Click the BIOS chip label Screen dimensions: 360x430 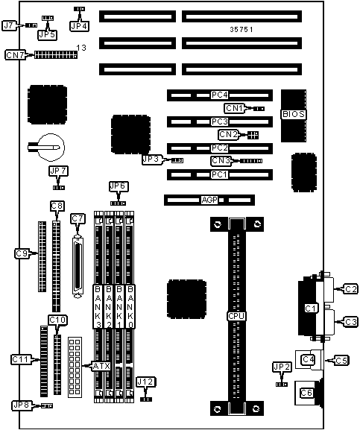click(x=294, y=114)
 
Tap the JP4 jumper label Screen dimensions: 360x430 click(x=79, y=26)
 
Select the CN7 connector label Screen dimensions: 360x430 click(x=15, y=55)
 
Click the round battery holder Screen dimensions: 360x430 click(x=50, y=148)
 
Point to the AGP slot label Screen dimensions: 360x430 click(x=209, y=200)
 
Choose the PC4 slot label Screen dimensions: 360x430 click(x=220, y=95)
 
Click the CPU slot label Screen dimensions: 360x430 click(x=236, y=316)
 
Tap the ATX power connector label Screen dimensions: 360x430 click(x=101, y=366)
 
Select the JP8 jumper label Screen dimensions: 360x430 click(x=22, y=405)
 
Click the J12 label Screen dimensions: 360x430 click(x=146, y=382)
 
